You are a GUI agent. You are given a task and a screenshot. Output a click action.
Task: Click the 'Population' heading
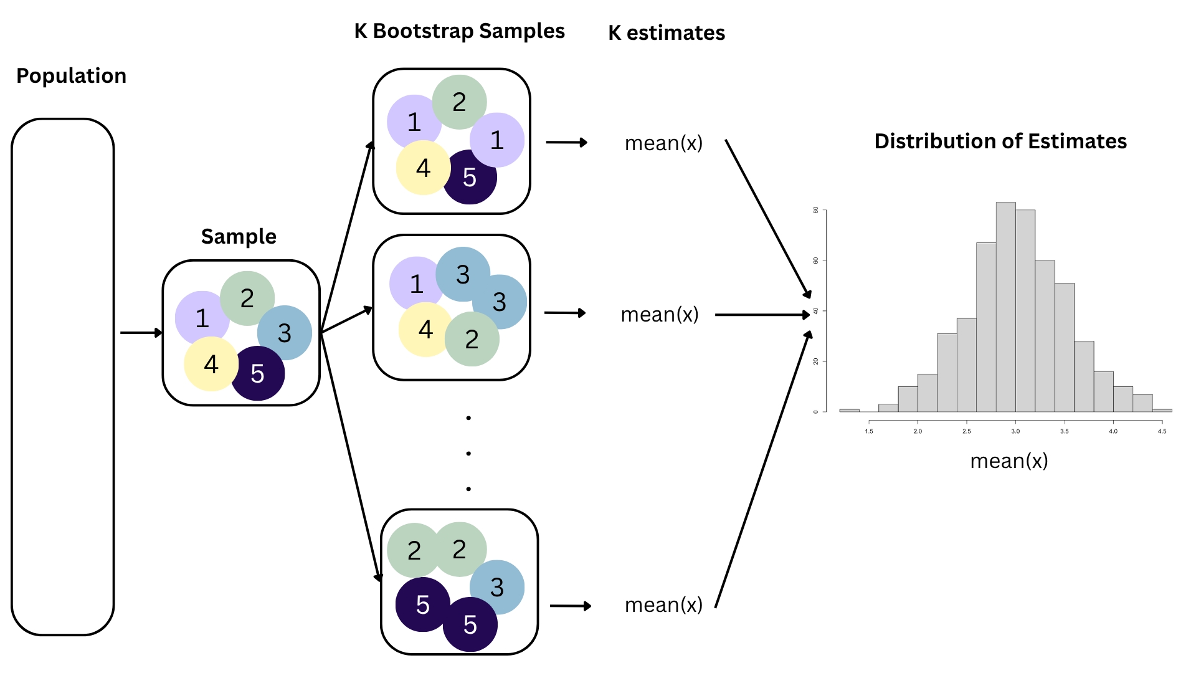point(71,76)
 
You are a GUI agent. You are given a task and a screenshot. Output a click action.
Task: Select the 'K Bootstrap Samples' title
point(459,31)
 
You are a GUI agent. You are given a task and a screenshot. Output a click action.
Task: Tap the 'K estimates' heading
point(667,32)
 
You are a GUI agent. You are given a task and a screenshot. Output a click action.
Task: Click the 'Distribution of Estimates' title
point(1000,141)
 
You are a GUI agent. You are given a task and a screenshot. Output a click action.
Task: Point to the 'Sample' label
point(239,237)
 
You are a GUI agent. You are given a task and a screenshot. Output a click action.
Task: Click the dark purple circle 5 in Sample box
point(258,373)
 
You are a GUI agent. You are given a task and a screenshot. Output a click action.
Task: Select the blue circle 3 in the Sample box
point(285,333)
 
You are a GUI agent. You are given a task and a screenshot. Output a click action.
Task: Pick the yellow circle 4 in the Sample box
point(211,364)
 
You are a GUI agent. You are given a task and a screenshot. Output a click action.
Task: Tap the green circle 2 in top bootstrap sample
point(459,102)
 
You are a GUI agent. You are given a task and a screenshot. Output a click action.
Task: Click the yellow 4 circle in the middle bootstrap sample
point(425,330)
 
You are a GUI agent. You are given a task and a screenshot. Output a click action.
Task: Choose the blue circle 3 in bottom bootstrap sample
point(497,587)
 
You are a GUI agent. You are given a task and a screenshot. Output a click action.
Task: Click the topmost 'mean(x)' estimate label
point(663,143)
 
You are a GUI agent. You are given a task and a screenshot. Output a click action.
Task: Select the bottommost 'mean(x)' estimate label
point(663,604)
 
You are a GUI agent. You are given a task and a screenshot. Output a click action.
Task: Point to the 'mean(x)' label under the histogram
point(1009,461)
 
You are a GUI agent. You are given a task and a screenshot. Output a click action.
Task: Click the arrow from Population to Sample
point(141,333)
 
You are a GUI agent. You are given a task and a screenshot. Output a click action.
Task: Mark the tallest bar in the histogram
point(1006,307)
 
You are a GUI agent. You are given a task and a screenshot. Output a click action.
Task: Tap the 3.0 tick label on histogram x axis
point(1015,431)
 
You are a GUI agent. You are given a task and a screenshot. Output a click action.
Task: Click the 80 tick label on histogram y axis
point(815,210)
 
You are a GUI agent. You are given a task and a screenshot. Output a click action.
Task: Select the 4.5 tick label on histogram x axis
point(1162,431)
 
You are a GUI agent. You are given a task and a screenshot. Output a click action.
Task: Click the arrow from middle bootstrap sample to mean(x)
point(565,313)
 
